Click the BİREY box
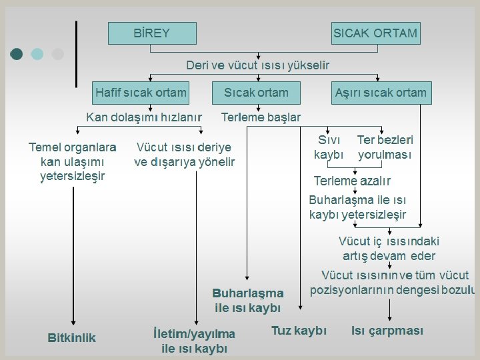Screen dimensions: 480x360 [152, 33]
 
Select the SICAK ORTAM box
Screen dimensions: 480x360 [375, 33]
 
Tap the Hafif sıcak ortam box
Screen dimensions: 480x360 [141, 93]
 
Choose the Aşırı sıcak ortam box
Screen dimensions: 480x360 [381, 93]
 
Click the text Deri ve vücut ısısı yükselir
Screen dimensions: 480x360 [257, 65]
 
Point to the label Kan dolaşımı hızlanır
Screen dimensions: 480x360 [144, 117]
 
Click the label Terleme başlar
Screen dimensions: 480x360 [261, 117]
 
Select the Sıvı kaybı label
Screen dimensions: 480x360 [329, 147]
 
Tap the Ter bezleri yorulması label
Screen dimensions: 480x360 [385, 147]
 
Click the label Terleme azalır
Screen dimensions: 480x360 [352, 181]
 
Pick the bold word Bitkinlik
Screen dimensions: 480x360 [72, 338]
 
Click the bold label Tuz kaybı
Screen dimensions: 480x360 [299, 331]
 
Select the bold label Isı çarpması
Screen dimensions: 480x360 [387, 331]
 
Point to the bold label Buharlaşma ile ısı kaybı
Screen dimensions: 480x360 [248, 300]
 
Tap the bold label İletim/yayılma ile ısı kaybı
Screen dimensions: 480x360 [194, 341]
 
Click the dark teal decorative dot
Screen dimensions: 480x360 [17, 54]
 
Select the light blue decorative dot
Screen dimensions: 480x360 [37, 54]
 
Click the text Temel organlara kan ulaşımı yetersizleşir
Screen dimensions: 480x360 [72, 161]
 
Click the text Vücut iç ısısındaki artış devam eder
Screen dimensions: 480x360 [389, 249]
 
